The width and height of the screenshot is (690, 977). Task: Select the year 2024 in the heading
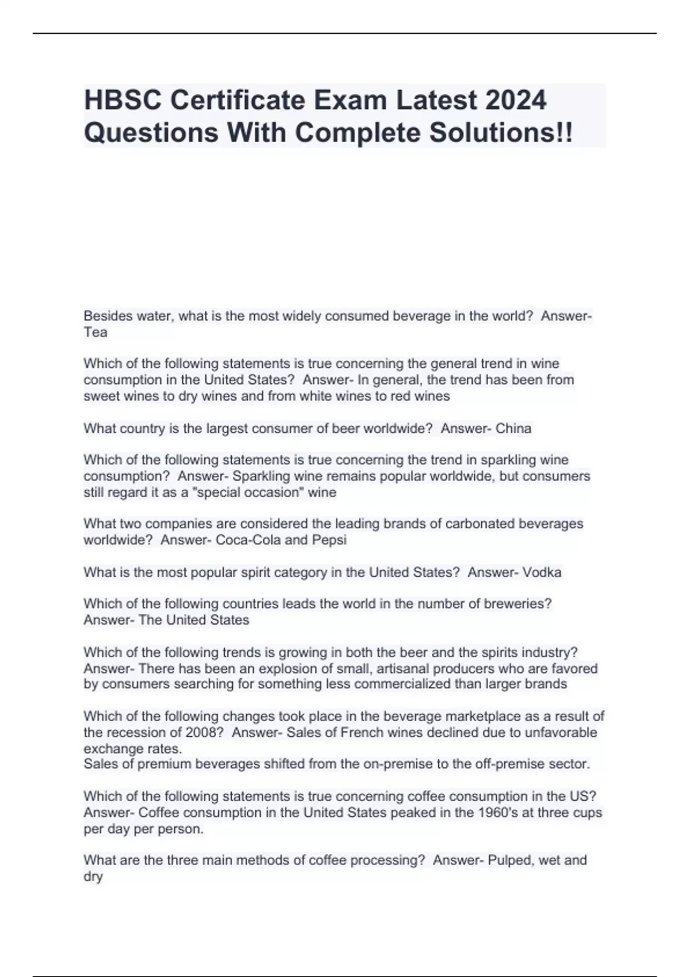click(515, 100)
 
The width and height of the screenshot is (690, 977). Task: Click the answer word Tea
click(95, 332)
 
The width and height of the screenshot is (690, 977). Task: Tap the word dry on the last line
click(93, 876)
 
